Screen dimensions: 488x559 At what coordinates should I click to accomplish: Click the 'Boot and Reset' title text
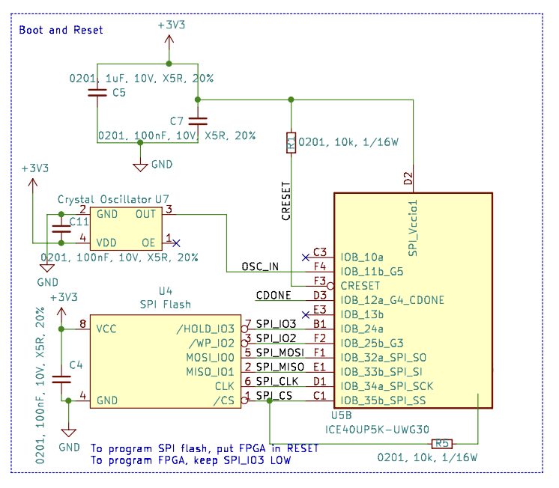[x=61, y=30]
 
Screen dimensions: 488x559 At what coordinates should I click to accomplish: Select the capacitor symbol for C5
[x=97, y=93]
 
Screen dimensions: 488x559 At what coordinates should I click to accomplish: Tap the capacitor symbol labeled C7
[x=197, y=120]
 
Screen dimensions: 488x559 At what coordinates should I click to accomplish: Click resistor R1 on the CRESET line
[x=291, y=142]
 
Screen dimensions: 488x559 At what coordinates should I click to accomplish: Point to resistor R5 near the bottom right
[x=442, y=443]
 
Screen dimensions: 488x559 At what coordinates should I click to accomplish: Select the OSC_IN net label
[x=259, y=267]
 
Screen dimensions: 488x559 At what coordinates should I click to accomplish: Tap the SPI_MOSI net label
[x=279, y=352]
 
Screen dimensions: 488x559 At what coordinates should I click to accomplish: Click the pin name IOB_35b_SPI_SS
[x=383, y=401]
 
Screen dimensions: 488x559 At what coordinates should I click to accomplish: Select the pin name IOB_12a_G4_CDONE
[x=392, y=300]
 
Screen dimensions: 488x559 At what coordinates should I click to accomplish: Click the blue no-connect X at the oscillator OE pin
[x=176, y=243]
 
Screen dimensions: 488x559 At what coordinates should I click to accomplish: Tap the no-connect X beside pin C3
[x=304, y=257]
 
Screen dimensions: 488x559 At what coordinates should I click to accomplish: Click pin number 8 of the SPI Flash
[x=82, y=323]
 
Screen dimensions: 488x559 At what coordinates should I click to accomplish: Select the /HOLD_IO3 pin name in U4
[x=205, y=329]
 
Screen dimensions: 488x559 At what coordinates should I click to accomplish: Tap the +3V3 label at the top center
[x=172, y=25]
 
